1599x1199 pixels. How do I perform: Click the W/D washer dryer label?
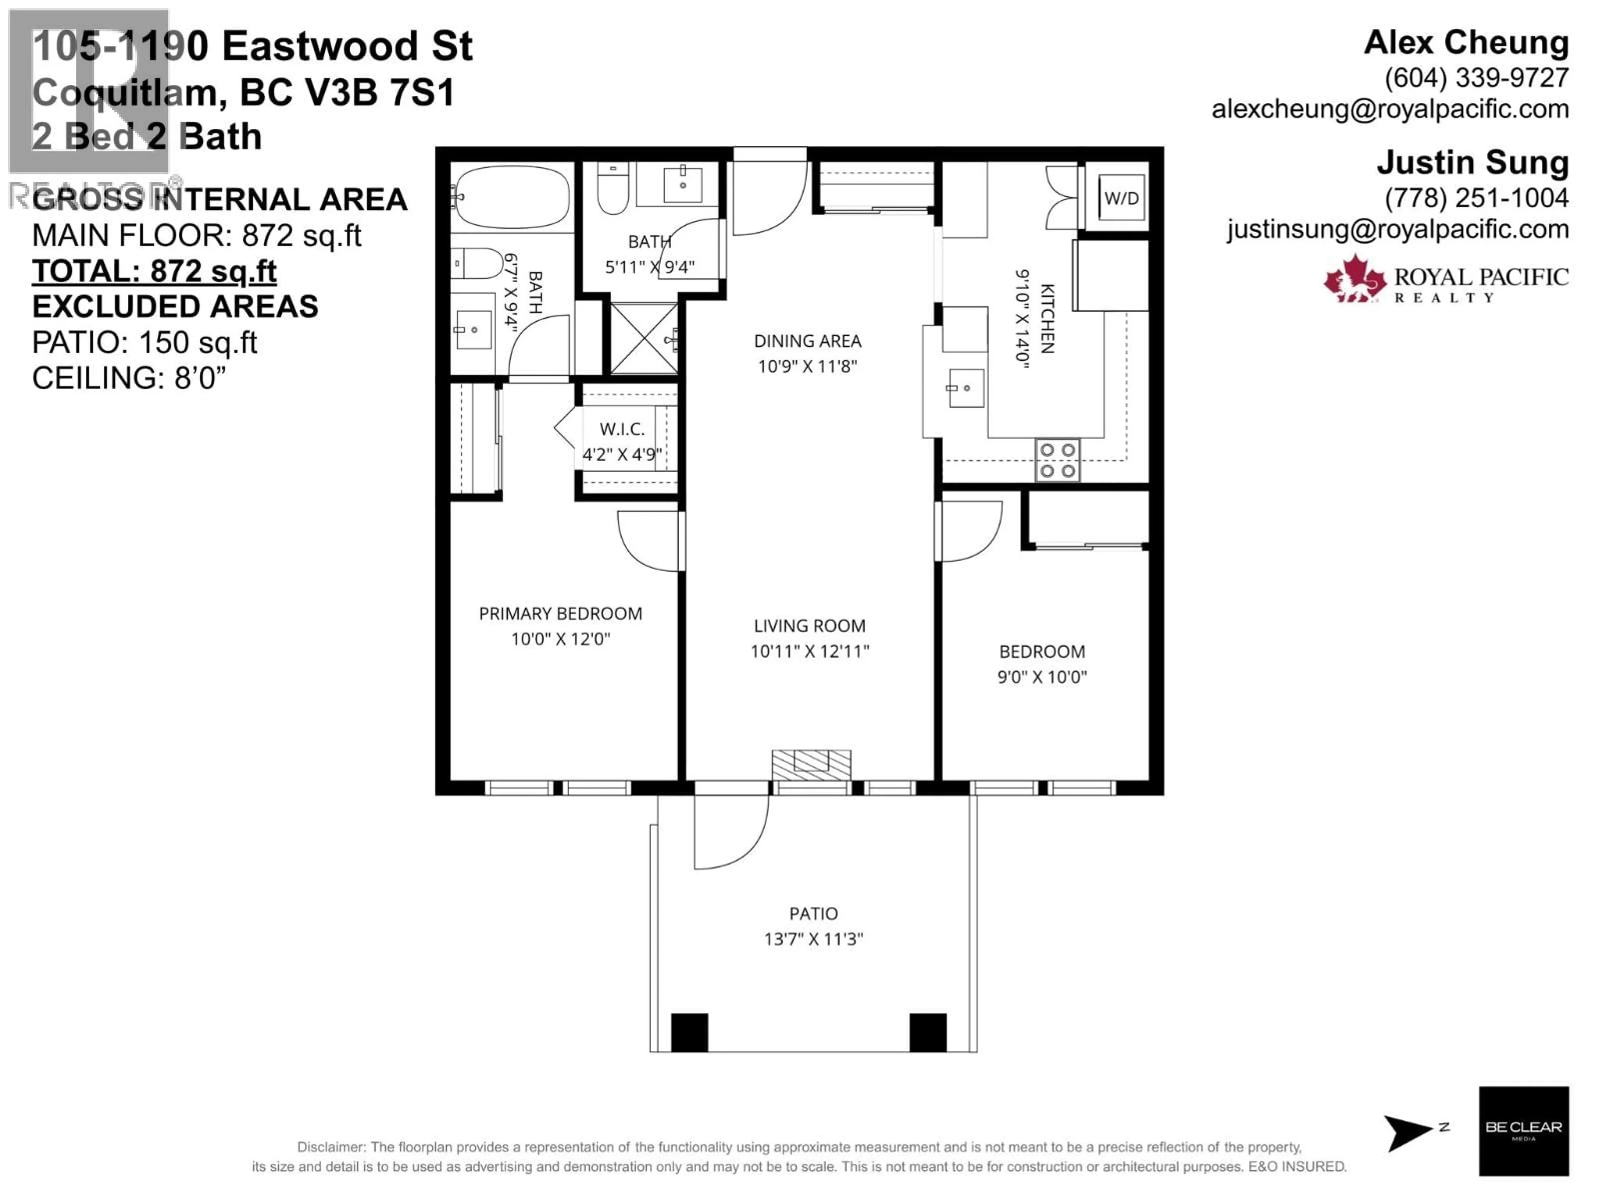coord(1121,198)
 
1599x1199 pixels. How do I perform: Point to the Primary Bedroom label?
coord(560,614)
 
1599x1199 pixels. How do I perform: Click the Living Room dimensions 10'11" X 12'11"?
coord(809,651)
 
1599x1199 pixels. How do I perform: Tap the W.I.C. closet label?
coord(622,429)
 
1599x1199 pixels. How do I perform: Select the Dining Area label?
coord(807,341)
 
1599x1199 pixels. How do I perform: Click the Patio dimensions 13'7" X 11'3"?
coord(813,939)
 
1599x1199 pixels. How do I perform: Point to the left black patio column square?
coord(689,1032)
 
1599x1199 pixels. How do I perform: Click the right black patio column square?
coord(927,1032)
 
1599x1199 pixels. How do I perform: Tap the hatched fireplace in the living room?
coord(811,765)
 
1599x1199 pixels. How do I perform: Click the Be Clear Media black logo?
coord(1523,1131)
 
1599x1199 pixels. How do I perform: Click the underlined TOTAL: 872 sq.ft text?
coord(154,272)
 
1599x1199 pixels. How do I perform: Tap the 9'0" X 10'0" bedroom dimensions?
coord(1042,677)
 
